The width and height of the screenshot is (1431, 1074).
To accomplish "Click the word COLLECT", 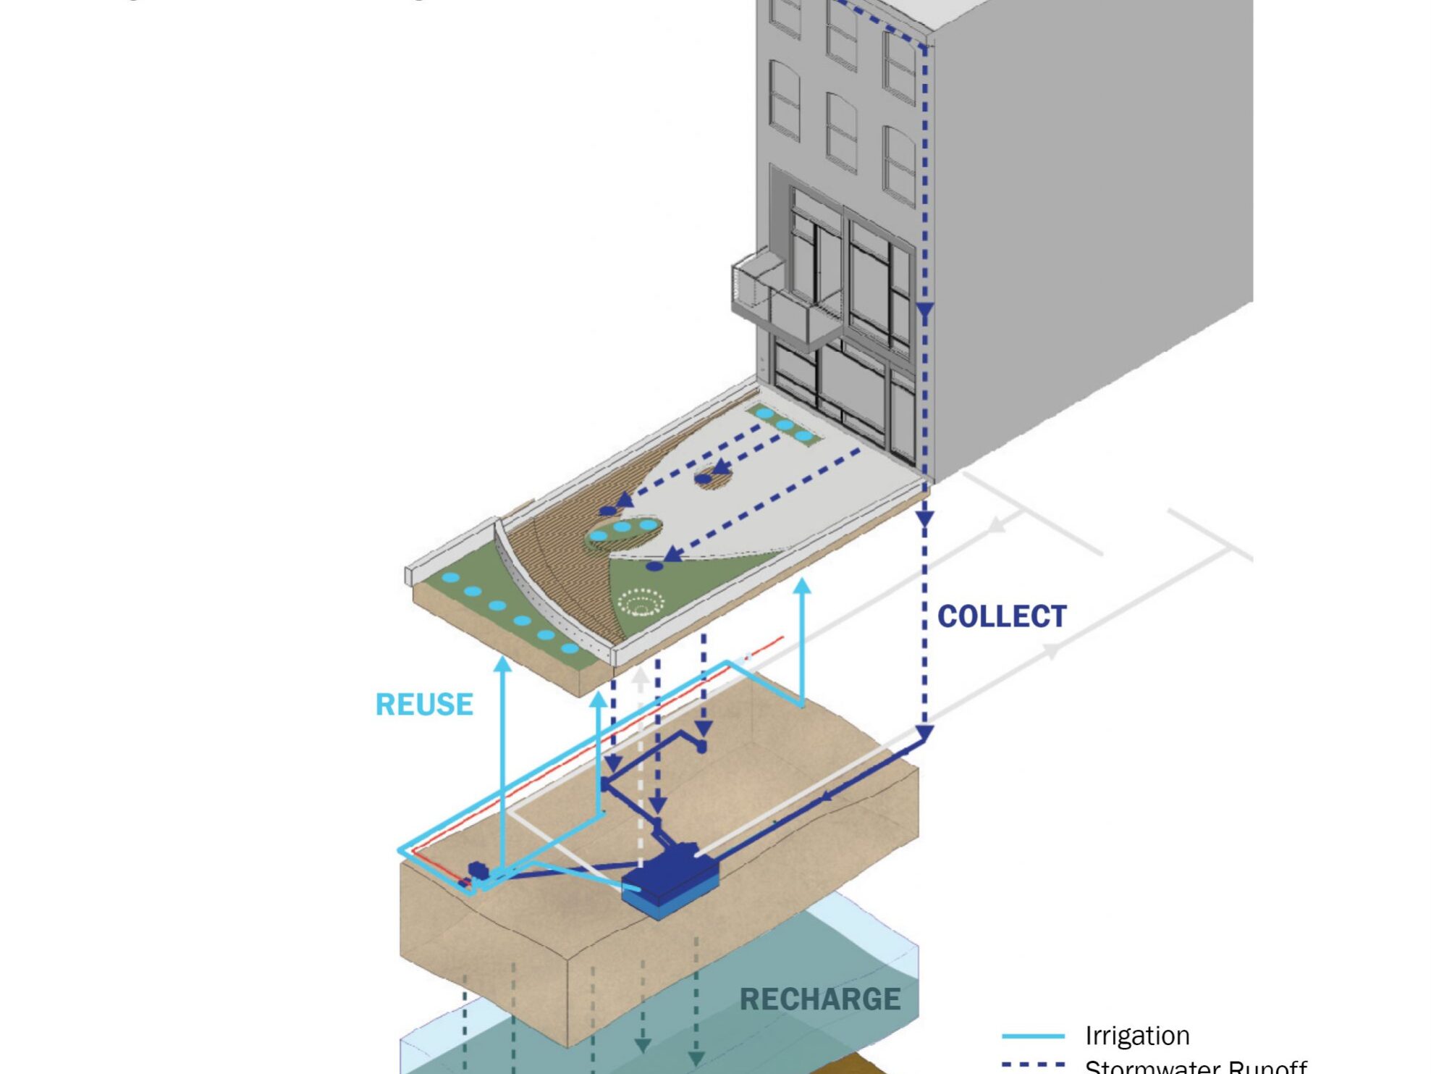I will pyautogui.click(x=1001, y=616).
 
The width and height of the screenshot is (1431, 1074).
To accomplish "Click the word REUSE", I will pyautogui.click(x=424, y=704).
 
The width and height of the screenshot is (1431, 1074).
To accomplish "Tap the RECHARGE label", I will pyautogui.click(x=819, y=999).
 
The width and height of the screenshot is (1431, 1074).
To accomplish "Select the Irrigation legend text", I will pyautogui.click(x=1136, y=1036).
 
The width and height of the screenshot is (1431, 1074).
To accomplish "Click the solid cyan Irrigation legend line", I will pyautogui.click(x=1033, y=1036).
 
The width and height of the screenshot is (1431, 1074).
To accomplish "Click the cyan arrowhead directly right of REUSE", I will pyautogui.click(x=503, y=663).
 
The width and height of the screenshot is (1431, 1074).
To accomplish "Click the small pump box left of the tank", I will pyautogui.click(x=478, y=870).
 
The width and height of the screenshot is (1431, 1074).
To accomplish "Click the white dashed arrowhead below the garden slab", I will pyautogui.click(x=640, y=678).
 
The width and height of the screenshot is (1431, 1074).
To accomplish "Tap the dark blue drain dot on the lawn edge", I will pyautogui.click(x=654, y=566).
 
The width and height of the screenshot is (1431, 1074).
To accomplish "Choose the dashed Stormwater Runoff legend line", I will pyautogui.click(x=1033, y=1065).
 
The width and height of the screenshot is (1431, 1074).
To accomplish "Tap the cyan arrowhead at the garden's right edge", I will pyautogui.click(x=801, y=586).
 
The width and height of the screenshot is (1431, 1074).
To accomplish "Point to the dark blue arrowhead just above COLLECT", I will pyautogui.click(x=924, y=519).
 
